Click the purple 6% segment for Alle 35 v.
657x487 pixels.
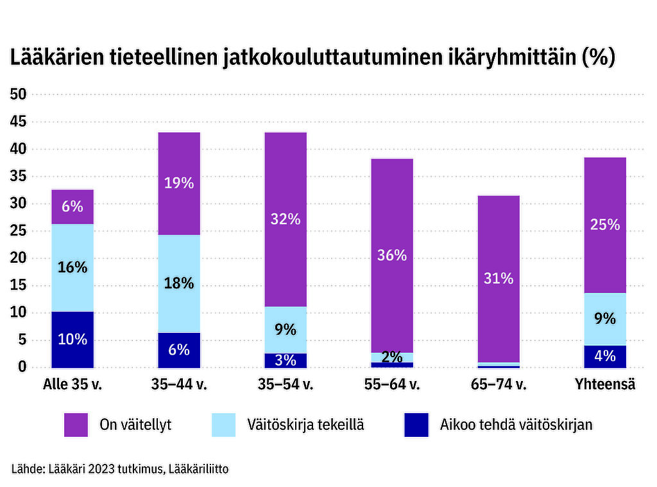tap(73, 207)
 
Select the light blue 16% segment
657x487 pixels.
tap(73, 268)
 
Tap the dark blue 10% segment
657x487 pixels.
tap(73, 339)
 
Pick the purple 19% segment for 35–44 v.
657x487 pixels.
tap(179, 184)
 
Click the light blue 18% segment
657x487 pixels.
tap(179, 283)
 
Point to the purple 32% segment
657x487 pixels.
tap(286, 219)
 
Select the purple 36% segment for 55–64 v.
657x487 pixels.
tap(392, 256)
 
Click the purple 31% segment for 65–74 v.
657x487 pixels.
tap(499, 279)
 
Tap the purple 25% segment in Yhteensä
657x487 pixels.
tap(605, 226)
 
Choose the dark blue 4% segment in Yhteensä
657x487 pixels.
tap(605, 357)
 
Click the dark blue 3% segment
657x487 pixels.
tap(286, 360)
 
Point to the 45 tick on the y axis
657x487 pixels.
tap(18, 121)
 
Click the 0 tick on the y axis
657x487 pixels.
tap(22, 367)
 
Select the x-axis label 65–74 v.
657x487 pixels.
tap(499, 384)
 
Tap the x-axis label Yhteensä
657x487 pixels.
tap(605, 384)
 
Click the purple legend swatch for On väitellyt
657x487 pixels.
tap(76, 425)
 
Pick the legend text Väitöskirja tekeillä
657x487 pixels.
tap(305, 425)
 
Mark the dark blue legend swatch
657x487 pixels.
tap(416, 425)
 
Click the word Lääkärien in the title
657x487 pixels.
tap(57, 57)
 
